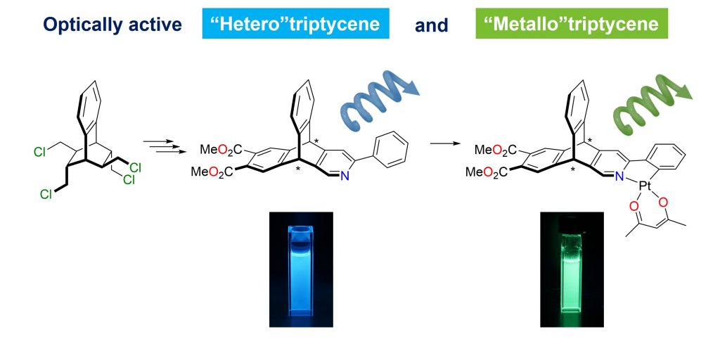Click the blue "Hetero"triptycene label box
tap(296, 25)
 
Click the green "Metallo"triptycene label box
tap(570, 25)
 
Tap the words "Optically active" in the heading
tap(112, 25)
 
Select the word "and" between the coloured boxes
tap(432, 25)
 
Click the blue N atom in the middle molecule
tap(345, 176)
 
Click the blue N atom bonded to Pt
tap(619, 176)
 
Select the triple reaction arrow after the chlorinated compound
tap(157, 145)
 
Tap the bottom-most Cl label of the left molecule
tap(46, 195)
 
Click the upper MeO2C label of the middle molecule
tap(224, 149)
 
